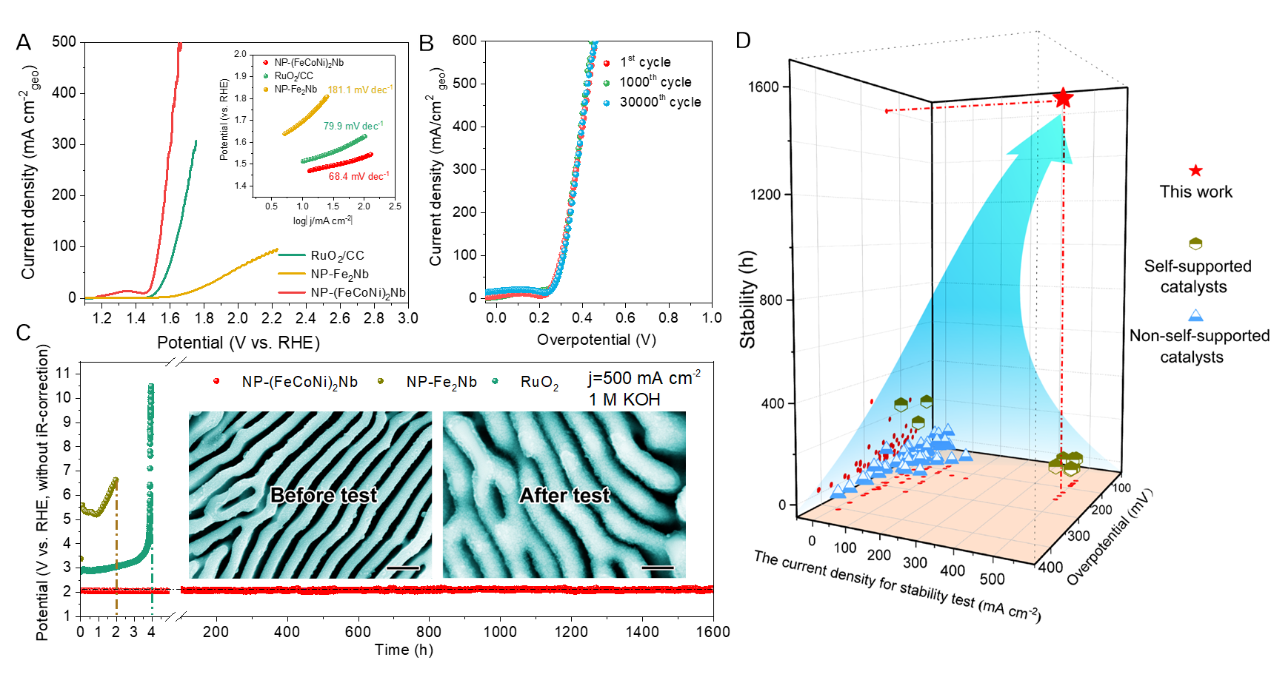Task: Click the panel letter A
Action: pos(24,43)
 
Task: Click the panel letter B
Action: pos(426,43)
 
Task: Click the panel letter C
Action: pos(24,332)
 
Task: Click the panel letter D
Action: pos(743,40)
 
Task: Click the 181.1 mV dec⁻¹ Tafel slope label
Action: pos(360,90)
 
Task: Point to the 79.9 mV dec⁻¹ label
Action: pos(353,126)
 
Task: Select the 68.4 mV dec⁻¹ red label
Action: pos(359,177)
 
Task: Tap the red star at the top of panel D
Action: pos(1063,98)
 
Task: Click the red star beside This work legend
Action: pos(1195,171)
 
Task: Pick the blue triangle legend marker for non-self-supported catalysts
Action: pos(1195,315)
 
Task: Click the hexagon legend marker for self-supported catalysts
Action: pos(1195,243)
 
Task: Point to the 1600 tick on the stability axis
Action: pos(763,87)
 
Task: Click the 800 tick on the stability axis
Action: pos(770,300)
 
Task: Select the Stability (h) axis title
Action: pos(748,300)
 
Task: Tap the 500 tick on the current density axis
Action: pos(992,579)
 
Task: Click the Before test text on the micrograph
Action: pos(324,495)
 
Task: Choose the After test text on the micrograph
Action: pos(564,495)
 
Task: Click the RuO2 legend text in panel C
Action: pos(539,383)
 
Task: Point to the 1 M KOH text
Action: pos(624,400)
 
